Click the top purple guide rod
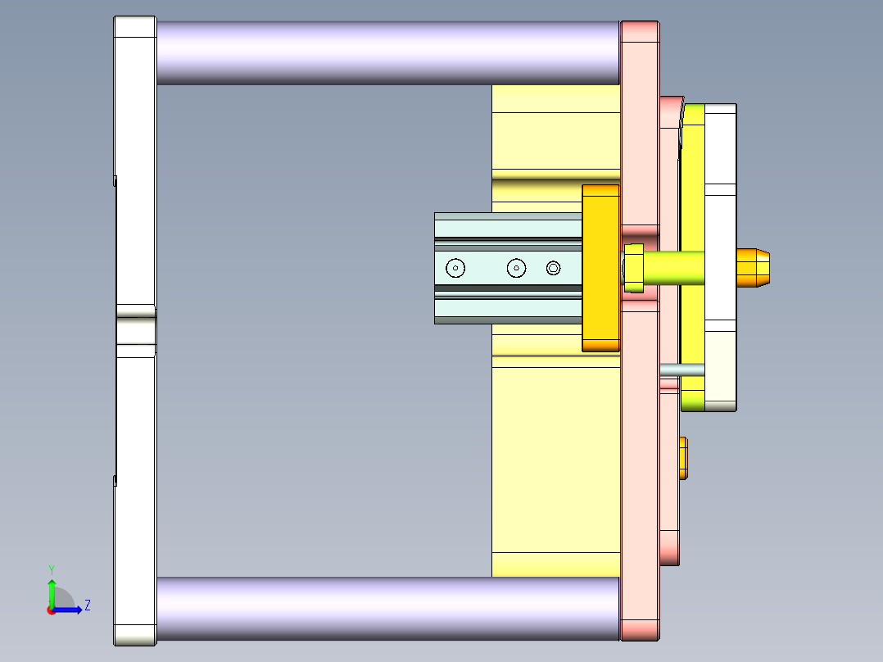pos(385,52)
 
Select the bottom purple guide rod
pos(385,608)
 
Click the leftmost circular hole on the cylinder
pos(455,268)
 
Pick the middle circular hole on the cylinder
pos(515,268)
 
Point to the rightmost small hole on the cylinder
pos(554,268)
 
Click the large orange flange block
pos(600,268)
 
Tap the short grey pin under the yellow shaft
pos(681,370)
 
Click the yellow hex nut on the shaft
pos(634,268)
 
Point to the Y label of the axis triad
pos(51,569)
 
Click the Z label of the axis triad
pos(87,605)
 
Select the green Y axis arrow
pos(51,592)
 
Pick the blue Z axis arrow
pos(69,610)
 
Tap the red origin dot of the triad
pos(51,610)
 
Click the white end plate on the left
pos(134,205)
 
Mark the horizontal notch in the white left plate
pos(136,311)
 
